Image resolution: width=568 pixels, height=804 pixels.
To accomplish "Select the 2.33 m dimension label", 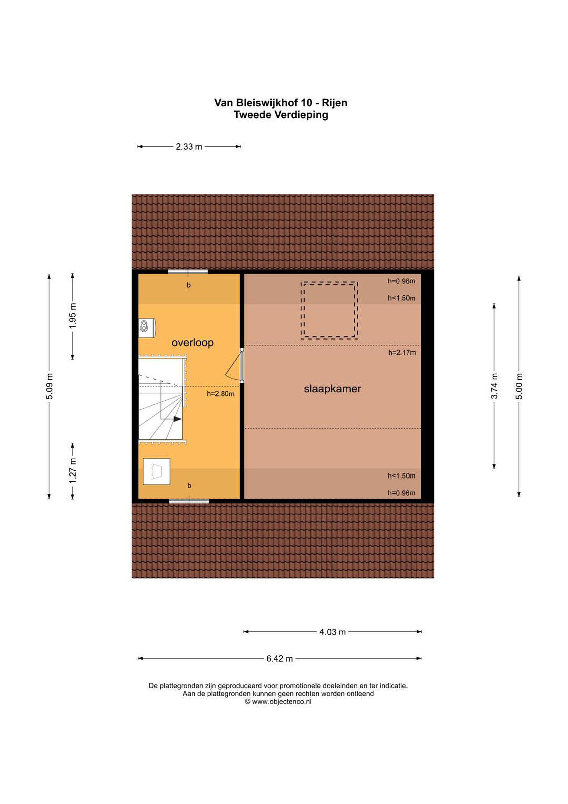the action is (x=189, y=147).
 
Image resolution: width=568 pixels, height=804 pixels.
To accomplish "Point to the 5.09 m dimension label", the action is (x=50, y=386).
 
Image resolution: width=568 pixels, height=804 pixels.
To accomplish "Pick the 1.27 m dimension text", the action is (x=73, y=471).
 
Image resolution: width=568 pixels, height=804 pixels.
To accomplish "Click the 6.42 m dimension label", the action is (x=279, y=666).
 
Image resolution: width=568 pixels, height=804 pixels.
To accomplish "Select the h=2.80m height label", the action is (x=220, y=394).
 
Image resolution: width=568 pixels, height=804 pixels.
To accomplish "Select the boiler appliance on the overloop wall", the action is (x=147, y=328).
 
